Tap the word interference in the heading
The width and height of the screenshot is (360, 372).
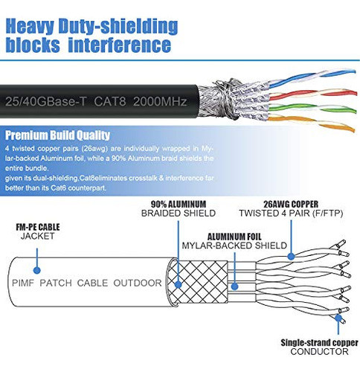coord(125,46)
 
